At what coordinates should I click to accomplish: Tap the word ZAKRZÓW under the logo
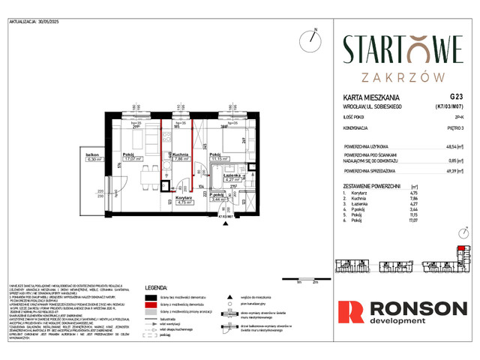click(x=403, y=76)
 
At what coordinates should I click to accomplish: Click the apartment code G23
click(x=457, y=96)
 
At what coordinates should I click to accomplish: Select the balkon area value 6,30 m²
click(x=94, y=159)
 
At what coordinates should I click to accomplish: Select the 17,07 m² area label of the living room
click(x=134, y=158)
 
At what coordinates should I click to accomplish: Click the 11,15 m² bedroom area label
click(x=219, y=159)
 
